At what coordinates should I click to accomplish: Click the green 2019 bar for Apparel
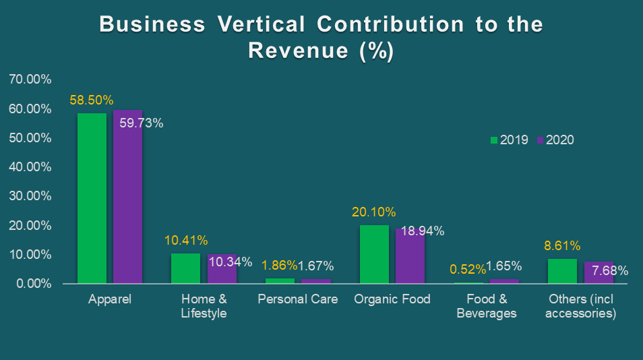(x=92, y=198)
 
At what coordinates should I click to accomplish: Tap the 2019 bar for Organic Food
(x=374, y=254)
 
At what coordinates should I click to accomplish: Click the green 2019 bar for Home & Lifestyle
(x=185, y=268)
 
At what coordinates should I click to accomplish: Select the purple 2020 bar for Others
(x=599, y=272)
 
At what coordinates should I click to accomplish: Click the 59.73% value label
(x=142, y=123)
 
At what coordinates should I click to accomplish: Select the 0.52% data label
(x=468, y=270)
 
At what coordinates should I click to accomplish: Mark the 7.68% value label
(x=610, y=271)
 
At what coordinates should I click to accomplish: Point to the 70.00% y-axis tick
(x=30, y=80)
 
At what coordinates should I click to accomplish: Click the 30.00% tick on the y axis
(x=30, y=196)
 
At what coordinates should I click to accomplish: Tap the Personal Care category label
(x=297, y=299)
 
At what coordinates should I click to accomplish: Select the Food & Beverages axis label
(x=486, y=306)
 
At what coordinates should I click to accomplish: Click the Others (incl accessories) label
(x=580, y=306)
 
